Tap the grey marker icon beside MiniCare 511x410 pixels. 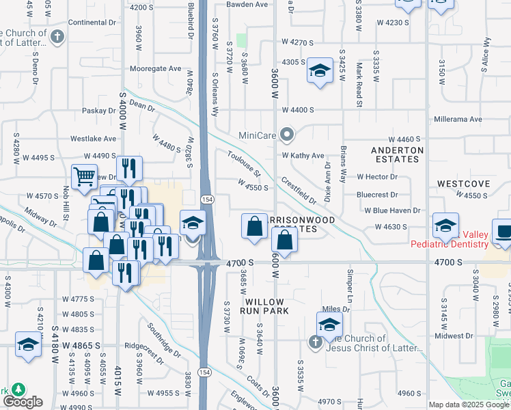(x=288, y=135)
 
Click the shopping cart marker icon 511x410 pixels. (x=84, y=176)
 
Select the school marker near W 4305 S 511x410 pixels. (x=319, y=71)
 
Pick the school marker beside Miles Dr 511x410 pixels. (x=329, y=324)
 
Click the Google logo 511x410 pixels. (x=22, y=402)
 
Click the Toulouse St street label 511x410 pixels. (x=245, y=163)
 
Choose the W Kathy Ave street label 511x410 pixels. (x=303, y=156)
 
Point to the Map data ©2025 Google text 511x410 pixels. (x=469, y=405)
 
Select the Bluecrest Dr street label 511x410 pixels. (x=376, y=195)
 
